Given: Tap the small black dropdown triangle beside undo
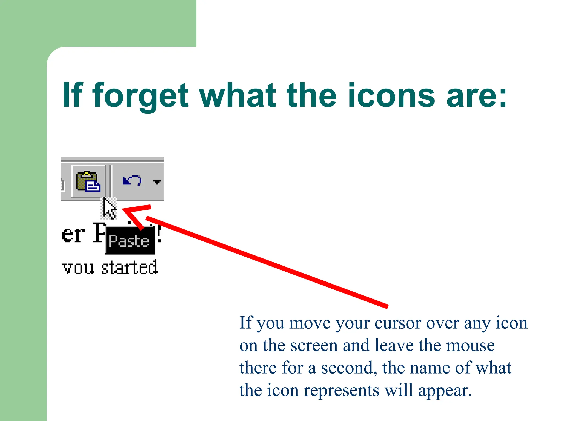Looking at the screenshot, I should (157, 182).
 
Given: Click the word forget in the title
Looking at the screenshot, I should (141, 96).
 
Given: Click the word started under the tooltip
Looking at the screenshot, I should (129, 268).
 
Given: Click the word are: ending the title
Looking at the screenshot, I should (477, 96).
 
